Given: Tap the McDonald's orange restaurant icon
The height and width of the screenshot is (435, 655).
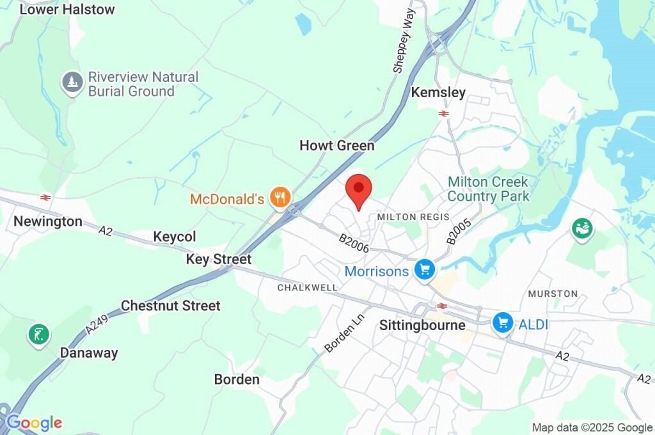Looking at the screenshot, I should pos(280,198).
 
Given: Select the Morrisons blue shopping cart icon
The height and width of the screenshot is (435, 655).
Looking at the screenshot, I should pos(423,271).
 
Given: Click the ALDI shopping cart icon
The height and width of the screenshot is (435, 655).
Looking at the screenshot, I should pos(503,324).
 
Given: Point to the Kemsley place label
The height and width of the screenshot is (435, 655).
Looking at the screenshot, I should pos(438,93).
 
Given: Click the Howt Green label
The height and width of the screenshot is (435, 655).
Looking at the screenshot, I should pos(336,146).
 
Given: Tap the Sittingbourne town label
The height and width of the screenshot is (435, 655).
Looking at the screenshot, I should pos(422,325).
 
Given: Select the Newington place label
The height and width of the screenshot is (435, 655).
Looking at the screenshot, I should pos(48,222).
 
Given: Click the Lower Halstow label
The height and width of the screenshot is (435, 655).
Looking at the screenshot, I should pos(67,10).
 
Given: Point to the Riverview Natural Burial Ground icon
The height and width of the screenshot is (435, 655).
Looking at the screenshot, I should pos(72,82).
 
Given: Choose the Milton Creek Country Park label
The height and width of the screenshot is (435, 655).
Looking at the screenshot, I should pos(489,189).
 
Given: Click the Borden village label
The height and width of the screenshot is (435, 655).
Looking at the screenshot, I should pos(237,379).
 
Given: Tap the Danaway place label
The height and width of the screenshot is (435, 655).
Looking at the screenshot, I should pos(89,353).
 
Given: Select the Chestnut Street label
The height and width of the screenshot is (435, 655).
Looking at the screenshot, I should pos(170,306).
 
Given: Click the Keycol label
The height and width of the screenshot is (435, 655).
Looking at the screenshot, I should pos(175,237).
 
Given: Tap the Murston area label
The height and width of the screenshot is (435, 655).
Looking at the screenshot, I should pos(553,294).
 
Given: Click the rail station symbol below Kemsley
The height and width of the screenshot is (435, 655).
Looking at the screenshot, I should pos(443,113).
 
